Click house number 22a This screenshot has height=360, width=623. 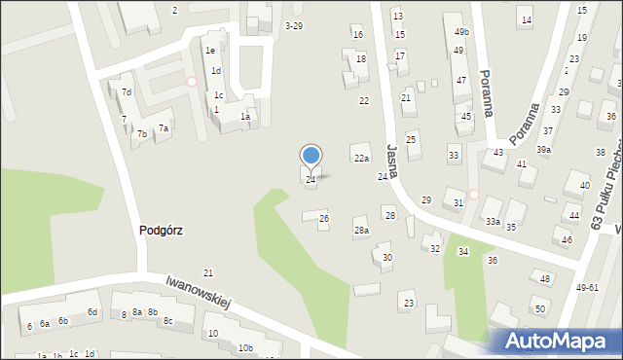(x=361, y=159)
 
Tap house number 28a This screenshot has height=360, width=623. (x=361, y=231)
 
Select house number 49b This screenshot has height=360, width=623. (x=461, y=32)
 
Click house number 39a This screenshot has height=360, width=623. (x=543, y=150)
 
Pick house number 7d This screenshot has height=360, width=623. (x=127, y=92)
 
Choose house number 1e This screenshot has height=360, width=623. (x=209, y=51)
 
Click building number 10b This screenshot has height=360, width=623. (x=245, y=348)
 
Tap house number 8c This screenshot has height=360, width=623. (x=167, y=321)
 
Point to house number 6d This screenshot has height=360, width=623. (x=92, y=312)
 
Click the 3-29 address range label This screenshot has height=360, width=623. (x=293, y=25)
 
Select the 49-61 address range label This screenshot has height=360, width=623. (x=587, y=288)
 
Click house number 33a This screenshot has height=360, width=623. (x=494, y=223)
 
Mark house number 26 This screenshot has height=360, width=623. (x=324, y=219)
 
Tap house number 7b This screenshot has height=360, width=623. (x=142, y=134)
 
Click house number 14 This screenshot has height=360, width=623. (x=526, y=20)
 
